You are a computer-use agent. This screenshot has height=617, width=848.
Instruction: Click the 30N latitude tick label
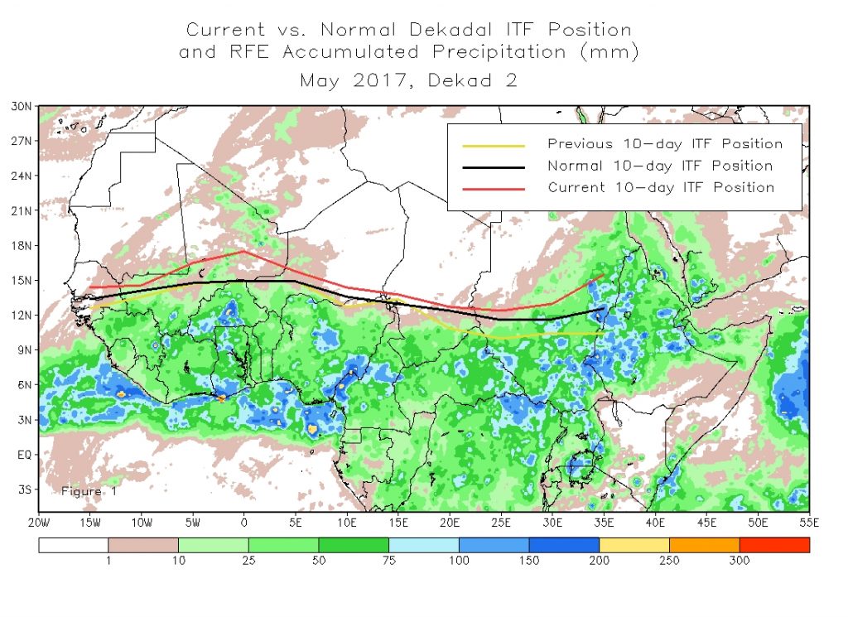click(x=22, y=106)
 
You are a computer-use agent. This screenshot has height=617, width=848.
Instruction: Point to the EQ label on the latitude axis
click(x=23, y=455)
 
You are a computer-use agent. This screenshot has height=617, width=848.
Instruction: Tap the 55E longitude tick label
click(x=809, y=523)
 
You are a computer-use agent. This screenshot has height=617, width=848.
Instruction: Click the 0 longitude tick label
click(x=243, y=523)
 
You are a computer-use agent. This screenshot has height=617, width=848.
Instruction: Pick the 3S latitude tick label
click(x=23, y=489)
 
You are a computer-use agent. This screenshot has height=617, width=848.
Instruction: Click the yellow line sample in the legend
click(x=494, y=145)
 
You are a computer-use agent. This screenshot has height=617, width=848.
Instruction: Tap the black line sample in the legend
click(x=494, y=166)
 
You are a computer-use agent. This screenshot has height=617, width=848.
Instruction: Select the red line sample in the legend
click(x=494, y=188)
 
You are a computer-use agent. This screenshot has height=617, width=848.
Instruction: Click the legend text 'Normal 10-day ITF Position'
click(x=660, y=166)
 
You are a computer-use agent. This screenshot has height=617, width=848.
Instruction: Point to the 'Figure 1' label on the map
click(x=89, y=491)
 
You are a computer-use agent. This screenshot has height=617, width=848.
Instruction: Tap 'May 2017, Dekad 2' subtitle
click(x=409, y=81)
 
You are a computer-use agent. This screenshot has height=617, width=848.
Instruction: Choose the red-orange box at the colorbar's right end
click(x=773, y=545)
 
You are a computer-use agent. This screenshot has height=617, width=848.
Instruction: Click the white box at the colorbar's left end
click(x=73, y=545)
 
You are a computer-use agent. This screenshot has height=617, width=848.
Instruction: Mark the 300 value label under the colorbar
click(x=739, y=562)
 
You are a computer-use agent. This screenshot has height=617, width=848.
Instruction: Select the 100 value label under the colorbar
click(x=458, y=562)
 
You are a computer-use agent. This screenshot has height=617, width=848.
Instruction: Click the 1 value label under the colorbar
click(x=108, y=562)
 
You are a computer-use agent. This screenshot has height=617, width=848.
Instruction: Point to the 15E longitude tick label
click(x=398, y=523)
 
